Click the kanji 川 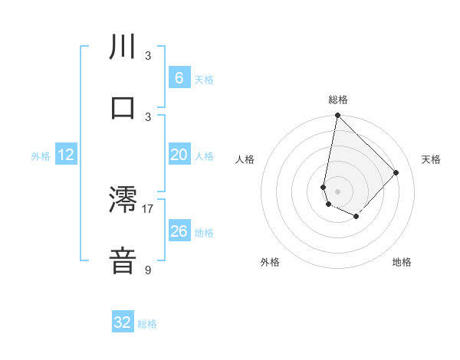(x=123, y=47)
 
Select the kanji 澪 (x=123, y=200)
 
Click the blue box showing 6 (x=179, y=78)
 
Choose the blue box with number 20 (x=179, y=155)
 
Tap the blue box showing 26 (x=179, y=231)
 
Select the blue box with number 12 (x=66, y=155)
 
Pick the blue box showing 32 (x=123, y=322)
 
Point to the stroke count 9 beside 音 (x=148, y=270)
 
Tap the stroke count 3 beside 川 (x=148, y=55)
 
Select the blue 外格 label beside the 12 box (x=41, y=156)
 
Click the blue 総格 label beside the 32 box (x=147, y=324)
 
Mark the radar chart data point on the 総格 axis (x=337, y=116)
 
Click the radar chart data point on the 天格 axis (x=396, y=172)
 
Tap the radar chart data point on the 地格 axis (x=356, y=217)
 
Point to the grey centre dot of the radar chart (x=337, y=191)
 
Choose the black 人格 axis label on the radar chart (x=245, y=159)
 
